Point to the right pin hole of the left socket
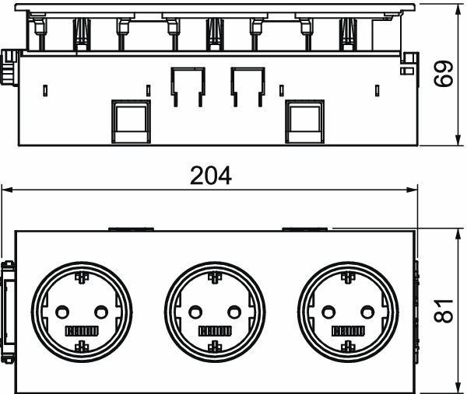coord(99,311)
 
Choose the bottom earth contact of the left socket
coord(81,345)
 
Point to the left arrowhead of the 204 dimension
coord(6,190)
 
